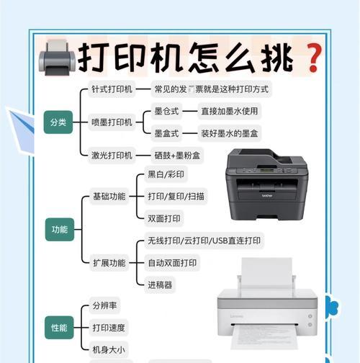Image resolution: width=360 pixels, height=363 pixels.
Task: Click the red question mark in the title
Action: coord(314,58)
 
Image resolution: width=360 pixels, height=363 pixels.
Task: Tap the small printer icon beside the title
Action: coord(57,58)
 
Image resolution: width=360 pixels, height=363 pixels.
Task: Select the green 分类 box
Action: coord(58,122)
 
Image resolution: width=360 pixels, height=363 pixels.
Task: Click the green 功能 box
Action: coord(60,230)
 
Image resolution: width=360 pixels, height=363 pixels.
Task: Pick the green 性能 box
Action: coord(59,328)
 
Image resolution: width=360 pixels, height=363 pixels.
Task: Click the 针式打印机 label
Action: coord(112,89)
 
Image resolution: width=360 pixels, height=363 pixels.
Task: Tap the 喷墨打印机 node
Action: coord(112,122)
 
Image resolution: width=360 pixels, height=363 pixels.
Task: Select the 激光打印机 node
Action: coord(112,156)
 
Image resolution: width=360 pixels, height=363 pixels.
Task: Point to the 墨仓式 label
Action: coord(166,111)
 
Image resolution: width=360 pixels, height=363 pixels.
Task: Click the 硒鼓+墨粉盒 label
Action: coord(177,156)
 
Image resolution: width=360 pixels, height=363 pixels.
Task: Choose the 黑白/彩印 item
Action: coord(166,174)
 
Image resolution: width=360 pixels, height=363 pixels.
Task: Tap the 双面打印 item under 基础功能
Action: coord(164,218)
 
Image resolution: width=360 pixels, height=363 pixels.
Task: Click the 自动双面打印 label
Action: coord(172,263)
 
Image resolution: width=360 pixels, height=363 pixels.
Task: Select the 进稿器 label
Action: coord(160,285)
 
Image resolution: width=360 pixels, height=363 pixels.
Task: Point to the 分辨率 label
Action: coord(104,305)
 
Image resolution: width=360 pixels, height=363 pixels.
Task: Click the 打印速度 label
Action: coord(109,328)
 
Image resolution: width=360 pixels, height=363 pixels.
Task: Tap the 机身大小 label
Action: coord(109,349)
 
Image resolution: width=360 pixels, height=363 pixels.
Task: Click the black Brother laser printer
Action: coord(266,184)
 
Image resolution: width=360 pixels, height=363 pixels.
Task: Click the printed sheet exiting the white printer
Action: coord(267,336)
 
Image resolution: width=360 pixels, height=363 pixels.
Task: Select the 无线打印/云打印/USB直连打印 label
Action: coord(204,241)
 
